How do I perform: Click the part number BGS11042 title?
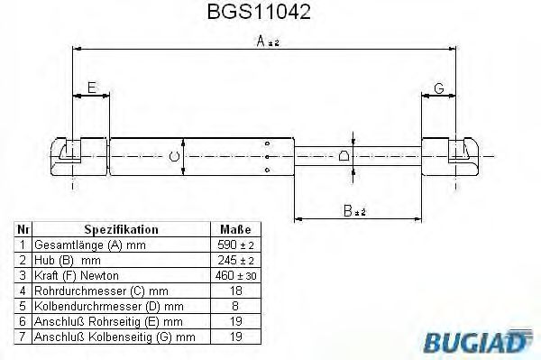point(259,12)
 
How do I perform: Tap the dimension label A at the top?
point(261,42)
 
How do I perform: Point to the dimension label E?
point(92,88)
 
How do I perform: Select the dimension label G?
point(439,88)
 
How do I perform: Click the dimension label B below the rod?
point(348,210)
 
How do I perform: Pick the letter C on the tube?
point(174,156)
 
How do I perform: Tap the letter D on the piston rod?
point(344,156)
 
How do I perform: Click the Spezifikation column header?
point(121,229)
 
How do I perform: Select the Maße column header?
point(235,229)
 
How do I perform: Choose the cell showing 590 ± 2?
point(235,245)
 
